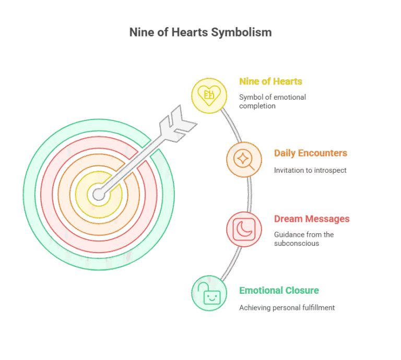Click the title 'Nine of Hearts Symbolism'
[200, 32]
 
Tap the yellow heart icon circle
[209, 95]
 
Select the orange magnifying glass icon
[244, 159]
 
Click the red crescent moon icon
[244, 229]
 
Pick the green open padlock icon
[209, 293]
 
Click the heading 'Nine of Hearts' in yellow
[270, 81]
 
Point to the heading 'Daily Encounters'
[310, 153]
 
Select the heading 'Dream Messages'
[312, 219]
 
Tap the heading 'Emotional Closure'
[279, 291]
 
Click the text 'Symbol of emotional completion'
[272, 101]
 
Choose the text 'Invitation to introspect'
[310, 170]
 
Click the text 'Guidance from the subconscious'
[303, 238]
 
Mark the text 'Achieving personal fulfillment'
[287, 308]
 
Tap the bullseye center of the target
[98, 196]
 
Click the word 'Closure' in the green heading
[302, 291]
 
